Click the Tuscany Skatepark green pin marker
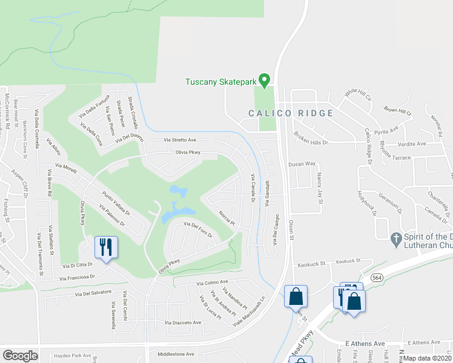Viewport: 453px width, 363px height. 264,80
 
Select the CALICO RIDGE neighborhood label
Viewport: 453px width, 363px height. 291,113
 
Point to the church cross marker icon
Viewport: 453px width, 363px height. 397,238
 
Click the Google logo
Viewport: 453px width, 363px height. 20,356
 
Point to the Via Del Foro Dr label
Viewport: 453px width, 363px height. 197,231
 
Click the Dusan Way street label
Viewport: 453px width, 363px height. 302,164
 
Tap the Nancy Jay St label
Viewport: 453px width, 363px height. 319,188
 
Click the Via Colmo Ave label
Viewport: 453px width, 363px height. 211,282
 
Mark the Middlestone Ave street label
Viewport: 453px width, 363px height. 176,354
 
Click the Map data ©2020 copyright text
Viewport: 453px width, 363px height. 428,358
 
